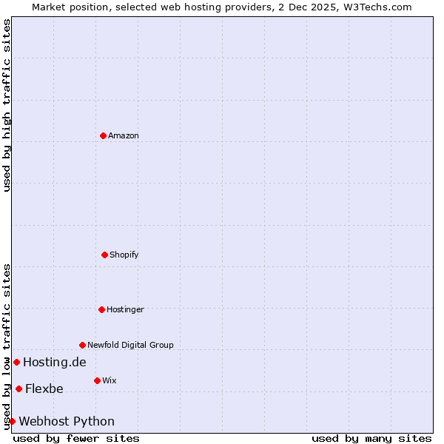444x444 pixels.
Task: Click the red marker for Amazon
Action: point(104,135)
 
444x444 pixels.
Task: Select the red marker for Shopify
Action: point(104,255)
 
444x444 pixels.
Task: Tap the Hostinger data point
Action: point(101,309)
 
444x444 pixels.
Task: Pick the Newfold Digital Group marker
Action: point(82,345)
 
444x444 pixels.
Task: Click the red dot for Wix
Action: point(97,380)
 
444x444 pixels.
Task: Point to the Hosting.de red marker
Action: point(16,362)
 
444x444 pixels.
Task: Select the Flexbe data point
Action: point(18,388)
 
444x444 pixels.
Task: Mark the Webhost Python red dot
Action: point(12,421)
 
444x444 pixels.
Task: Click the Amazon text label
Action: point(124,135)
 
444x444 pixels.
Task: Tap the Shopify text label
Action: point(124,255)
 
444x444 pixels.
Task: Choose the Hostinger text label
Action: point(125,309)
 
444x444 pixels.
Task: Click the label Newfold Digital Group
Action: point(130,345)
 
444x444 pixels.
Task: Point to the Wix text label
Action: point(110,380)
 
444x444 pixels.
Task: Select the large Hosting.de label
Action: point(55,362)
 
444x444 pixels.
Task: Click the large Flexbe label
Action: point(44,388)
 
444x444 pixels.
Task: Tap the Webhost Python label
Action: point(67,421)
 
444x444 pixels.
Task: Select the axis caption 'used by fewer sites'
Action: point(76,438)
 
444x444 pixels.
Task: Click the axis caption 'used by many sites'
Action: point(371,438)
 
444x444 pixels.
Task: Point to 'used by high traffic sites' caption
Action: point(7,106)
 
